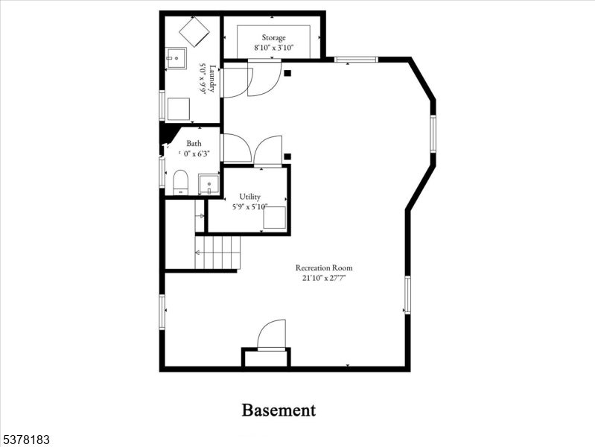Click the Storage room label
[273, 37]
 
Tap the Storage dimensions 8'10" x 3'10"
[273, 48]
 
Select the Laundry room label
[211, 78]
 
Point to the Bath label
[194, 144]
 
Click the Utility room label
[249, 197]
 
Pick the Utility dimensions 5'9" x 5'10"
[249, 207]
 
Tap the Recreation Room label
[324, 267]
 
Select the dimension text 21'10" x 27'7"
[324, 278]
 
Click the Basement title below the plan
[279, 410]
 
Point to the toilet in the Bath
[180, 182]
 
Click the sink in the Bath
[209, 183]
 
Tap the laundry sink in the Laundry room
[176, 57]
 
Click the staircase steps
[218, 253]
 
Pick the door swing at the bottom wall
[273, 335]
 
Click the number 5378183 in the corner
[26, 440]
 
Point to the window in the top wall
[355, 59]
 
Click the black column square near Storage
[287, 73]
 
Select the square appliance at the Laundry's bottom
[178, 109]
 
